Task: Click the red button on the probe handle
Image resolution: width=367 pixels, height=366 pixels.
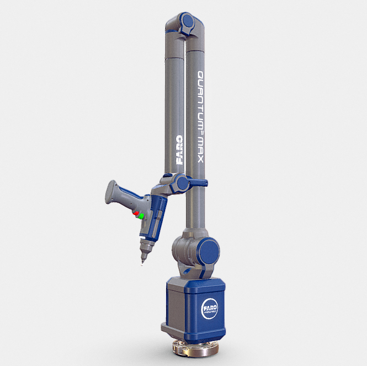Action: pos(135,213)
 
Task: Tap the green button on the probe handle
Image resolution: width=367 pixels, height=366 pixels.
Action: pos(142,216)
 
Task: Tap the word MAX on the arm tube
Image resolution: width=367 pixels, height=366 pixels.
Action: pos(201,148)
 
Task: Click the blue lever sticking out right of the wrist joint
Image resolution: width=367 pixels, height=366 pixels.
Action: pos(196,183)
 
